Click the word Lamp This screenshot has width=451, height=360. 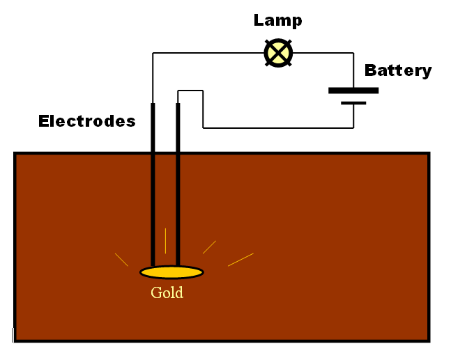[278, 20]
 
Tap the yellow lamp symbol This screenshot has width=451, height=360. [278, 53]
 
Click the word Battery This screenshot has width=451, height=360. [398, 70]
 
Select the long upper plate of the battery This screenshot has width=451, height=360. [353, 90]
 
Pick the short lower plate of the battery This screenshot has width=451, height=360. [353, 103]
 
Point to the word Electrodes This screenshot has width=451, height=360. [86, 121]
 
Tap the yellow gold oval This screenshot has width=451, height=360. [171, 272]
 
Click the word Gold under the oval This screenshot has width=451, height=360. [167, 292]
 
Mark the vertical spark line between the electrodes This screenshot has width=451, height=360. [165, 241]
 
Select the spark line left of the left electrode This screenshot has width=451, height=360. [121, 259]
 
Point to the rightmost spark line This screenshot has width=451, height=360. [240, 260]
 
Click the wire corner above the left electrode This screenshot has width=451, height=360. [153, 53]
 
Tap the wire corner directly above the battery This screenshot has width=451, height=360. [353, 53]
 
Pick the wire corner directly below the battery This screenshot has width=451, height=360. [353, 128]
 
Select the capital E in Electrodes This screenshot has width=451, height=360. [43, 121]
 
